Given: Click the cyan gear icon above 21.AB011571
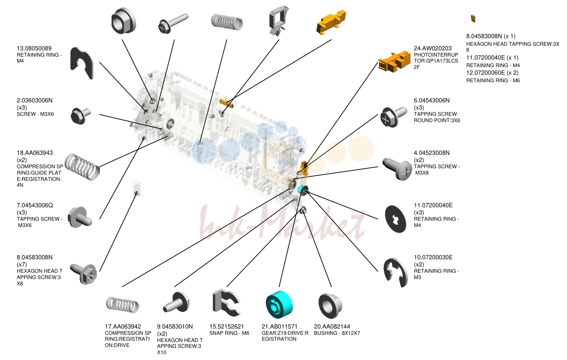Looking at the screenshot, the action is coord(279,304).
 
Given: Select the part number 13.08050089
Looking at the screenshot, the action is coord(34,48).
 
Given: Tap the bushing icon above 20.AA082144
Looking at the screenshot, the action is coord(330,305).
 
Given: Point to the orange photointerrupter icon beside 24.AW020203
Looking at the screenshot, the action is coord(394,62).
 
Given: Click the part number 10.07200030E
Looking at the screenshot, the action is coord(433,257).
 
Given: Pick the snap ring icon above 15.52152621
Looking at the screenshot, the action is coord(227,303).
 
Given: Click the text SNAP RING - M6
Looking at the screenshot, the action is coord(229,333).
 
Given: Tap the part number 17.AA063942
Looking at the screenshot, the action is coord(123,326).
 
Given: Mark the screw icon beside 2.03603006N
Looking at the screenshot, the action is coord(81,116).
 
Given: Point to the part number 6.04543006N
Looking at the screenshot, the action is coord(431,100).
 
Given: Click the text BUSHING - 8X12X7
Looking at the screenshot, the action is coord(337,333).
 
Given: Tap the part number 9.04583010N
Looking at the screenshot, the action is coord(175,326).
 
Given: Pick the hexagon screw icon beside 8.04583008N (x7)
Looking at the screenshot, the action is coord(84,274).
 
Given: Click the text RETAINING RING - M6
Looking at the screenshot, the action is coord(493,81).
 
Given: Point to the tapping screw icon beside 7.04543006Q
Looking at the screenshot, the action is coord(80,217).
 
